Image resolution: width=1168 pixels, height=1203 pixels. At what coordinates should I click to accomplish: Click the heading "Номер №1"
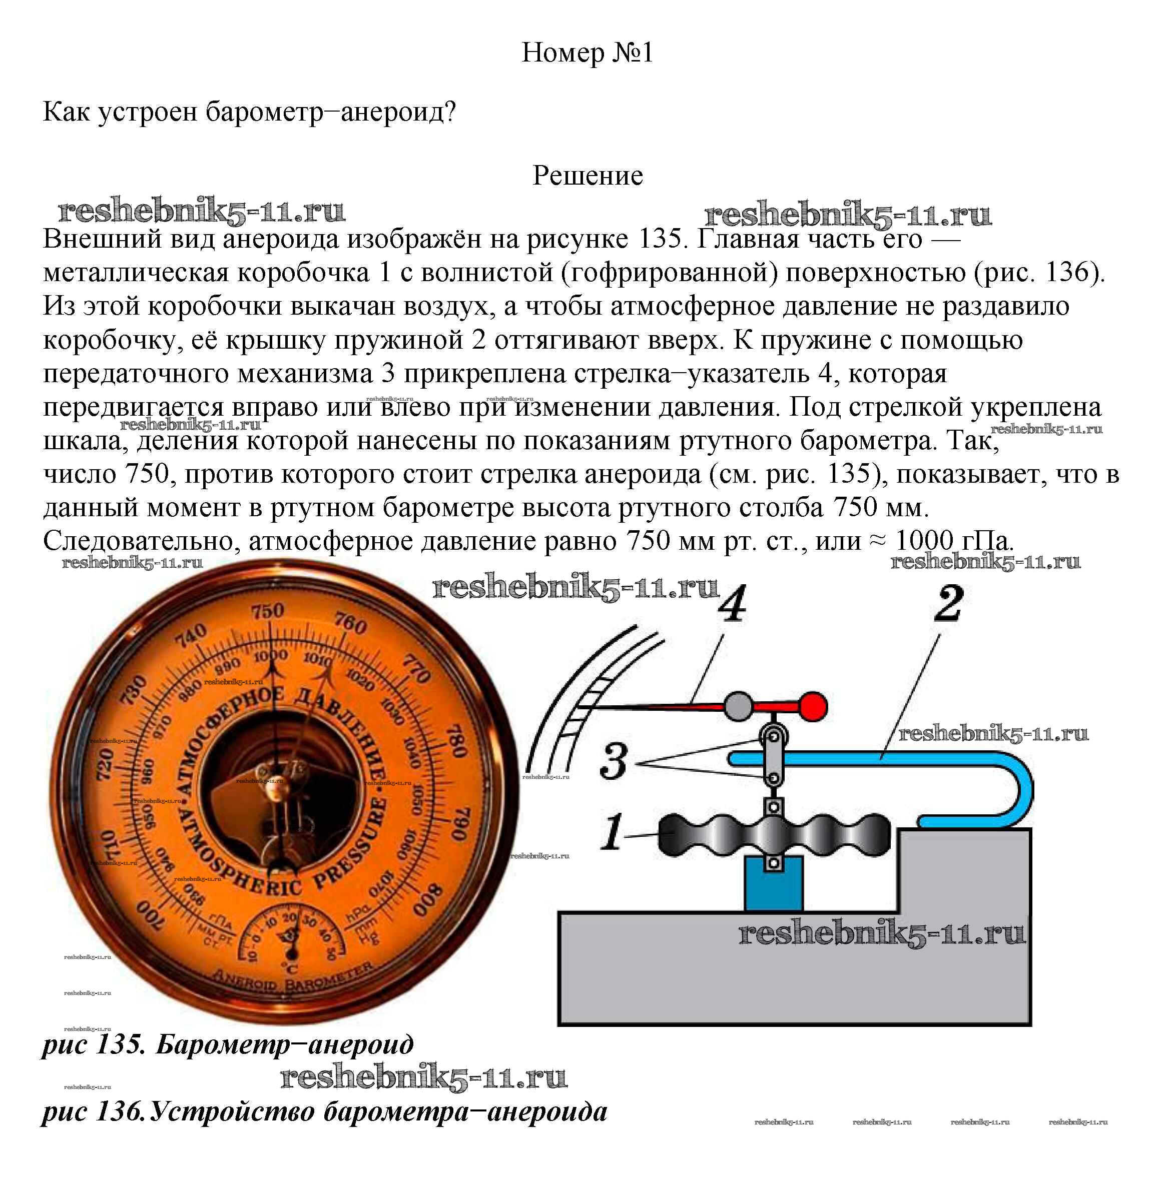click(x=587, y=53)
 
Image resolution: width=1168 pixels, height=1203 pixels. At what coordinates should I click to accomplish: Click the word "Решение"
click(x=588, y=176)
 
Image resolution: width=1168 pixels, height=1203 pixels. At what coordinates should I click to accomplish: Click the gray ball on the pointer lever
click(x=739, y=706)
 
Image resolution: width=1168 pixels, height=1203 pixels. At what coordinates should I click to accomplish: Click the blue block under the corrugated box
click(x=773, y=882)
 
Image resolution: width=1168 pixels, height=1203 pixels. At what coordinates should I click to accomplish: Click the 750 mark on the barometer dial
click(x=267, y=610)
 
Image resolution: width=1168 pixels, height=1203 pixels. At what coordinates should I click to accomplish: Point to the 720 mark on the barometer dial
click(x=105, y=763)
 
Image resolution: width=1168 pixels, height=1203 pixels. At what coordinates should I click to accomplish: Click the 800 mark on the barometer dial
click(x=428, y=899)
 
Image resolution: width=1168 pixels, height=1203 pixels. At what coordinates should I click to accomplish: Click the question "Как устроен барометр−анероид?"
click(x=249, y=112)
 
